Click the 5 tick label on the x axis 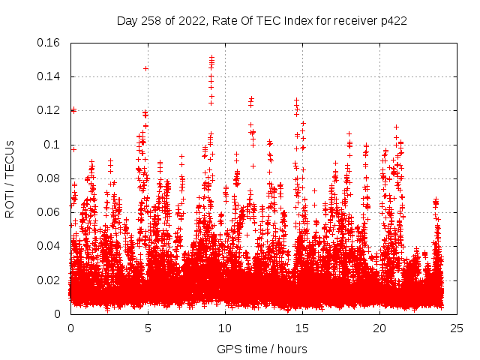tap(148, 328)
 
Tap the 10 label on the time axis tap(225, 328)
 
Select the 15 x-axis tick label tap(302, 328)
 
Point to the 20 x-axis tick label tap(379, 328)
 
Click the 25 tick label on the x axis tap(457, 328)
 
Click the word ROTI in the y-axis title tap(10, 202)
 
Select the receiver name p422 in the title tap(393, 20)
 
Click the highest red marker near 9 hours tap(211, 57)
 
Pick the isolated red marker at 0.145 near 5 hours tap(145, 68)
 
